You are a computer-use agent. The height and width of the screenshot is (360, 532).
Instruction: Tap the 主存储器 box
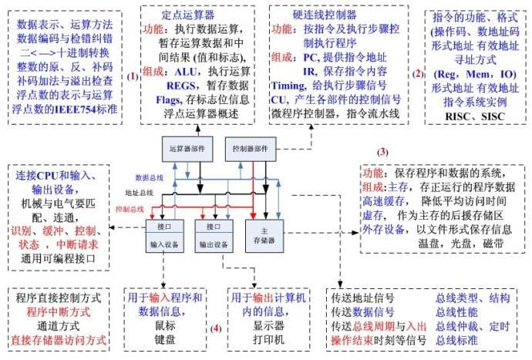265,235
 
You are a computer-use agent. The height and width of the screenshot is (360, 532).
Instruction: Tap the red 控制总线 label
130,208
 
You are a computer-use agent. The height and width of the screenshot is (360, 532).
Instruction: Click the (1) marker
133,76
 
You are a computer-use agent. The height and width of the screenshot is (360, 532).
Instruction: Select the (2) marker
418,74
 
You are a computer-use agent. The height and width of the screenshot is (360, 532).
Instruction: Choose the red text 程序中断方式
59,312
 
